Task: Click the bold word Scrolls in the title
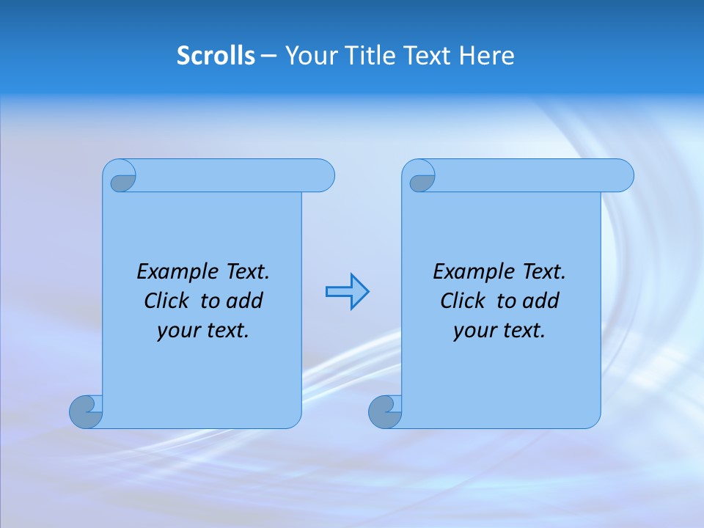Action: (x=216, y=56)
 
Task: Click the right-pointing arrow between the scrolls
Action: (x=347, y=292)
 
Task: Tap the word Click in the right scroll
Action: (x=463, y=301)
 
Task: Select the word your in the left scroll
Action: (x=177, y=331)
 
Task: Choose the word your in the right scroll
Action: (x=474, y=331)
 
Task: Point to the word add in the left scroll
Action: (x=245, y=301)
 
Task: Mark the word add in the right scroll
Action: (x=541, y=301)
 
